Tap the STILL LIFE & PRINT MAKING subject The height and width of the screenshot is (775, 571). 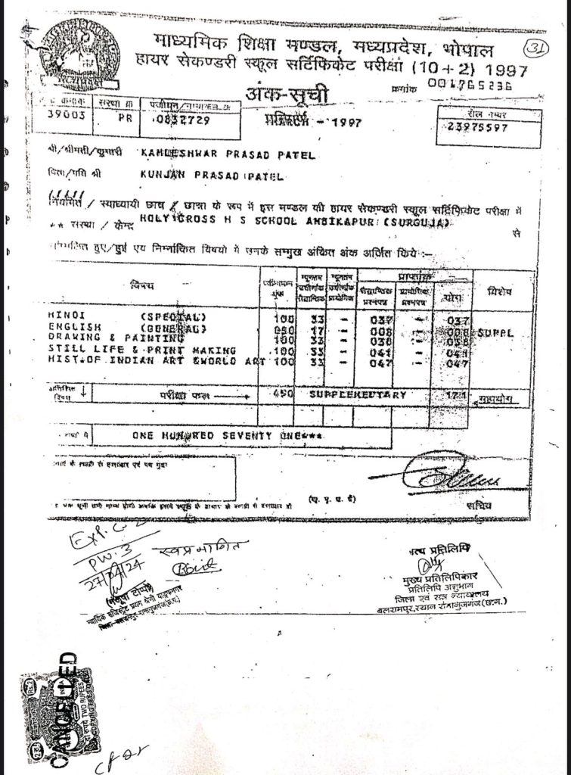click(x=132, y=350)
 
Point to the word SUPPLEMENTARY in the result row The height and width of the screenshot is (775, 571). click(x=357, y=394)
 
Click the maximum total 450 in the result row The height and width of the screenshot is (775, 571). click(x=281, y=394)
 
